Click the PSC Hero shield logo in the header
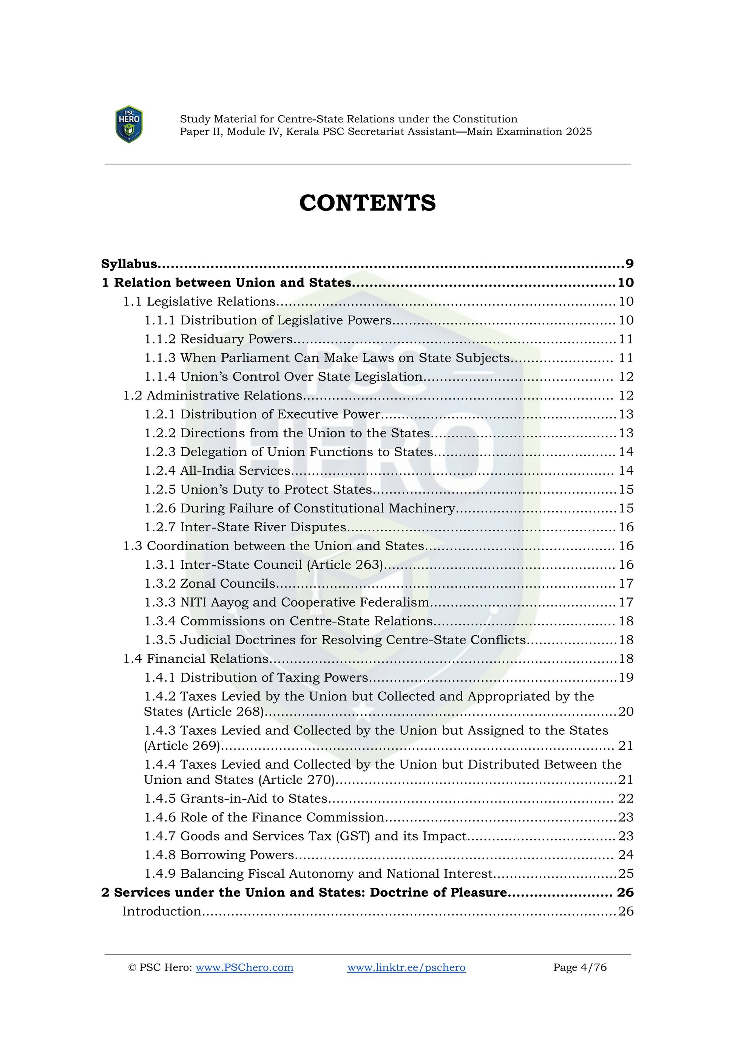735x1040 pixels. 129,125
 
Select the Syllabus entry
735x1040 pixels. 130,264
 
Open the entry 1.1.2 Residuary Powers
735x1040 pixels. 219,339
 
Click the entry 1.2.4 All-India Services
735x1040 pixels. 217,470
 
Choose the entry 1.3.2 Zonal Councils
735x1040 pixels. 210,583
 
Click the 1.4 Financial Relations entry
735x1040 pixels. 196,659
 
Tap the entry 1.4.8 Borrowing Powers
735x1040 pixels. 219,855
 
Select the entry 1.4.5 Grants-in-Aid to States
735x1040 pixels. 236,798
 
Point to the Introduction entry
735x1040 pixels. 162,912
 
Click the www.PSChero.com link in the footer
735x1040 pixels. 244,967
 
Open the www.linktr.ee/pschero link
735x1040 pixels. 406,967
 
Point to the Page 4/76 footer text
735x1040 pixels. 580,967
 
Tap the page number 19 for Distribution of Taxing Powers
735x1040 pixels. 626,677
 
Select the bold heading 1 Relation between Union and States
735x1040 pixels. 227,283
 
